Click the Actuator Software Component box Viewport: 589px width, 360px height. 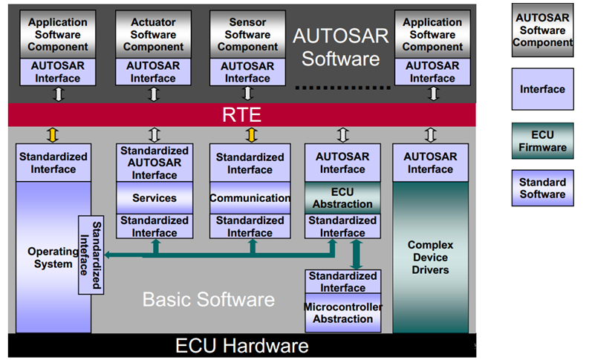click(153, 34)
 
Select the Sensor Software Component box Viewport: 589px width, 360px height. click(247, 34)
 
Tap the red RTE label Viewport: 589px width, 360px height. click(241, 115)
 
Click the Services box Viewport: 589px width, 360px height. click(154, 198)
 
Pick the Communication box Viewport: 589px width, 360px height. click(250, 198)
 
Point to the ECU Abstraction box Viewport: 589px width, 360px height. click(342, 198)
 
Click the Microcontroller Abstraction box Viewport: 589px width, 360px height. click(343, 312)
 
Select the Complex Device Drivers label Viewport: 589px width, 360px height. click(431, 257)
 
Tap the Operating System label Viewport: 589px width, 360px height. click(53, 258)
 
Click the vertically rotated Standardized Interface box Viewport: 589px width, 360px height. click(91, 255)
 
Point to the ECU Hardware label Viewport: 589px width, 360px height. click(241, 346)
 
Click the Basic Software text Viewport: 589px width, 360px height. click(209, 299)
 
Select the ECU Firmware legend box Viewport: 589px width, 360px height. click(542, 141)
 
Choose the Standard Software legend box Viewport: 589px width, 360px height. click(542, 188)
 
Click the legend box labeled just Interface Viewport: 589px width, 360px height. click(542, 89)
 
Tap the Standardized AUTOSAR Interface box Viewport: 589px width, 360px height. click(154, 163)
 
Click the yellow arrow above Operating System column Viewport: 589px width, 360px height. click(53, 135)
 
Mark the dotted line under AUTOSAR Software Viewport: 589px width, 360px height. click(342, 88)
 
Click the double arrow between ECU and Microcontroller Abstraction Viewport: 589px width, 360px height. click(356, 255)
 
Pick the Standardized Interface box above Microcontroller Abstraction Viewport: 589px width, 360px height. click(343, 281)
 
